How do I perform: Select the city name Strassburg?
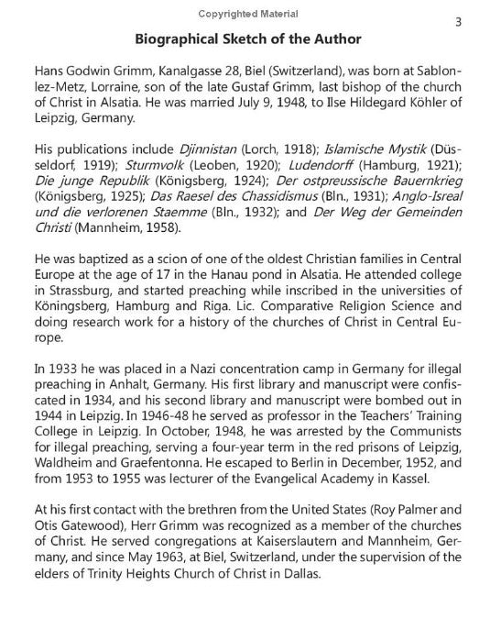click(82, 292)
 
